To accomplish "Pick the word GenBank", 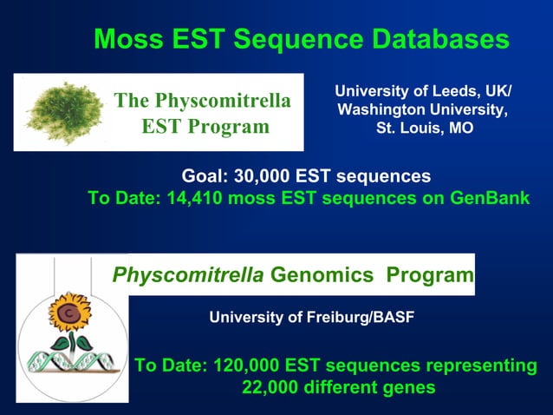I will point(490,198).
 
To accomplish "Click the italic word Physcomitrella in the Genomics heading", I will point(189,276).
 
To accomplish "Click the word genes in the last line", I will point(409,387).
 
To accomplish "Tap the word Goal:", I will point(205,176).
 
